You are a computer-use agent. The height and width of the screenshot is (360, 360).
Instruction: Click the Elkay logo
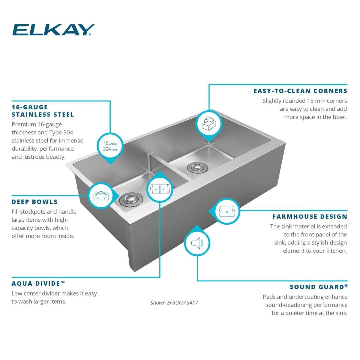point(53,30)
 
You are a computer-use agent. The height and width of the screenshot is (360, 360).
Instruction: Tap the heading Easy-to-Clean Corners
point(300,91)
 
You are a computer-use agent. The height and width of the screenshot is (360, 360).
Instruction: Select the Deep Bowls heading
point(34,202)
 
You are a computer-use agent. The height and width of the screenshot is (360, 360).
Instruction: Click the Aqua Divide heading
point(38,283)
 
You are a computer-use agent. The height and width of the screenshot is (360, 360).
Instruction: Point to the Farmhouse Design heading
point(310,217)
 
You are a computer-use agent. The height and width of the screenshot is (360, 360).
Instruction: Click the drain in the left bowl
point(131,200)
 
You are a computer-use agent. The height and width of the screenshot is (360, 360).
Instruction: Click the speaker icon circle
point(197,243)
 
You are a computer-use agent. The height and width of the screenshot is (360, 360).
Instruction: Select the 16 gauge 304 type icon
point(110,146)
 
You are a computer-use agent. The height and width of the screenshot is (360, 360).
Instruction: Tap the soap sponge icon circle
point(209,124)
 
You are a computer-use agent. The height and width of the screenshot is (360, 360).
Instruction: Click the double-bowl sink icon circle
point(160,189)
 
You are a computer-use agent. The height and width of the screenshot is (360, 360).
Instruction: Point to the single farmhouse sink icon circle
point(227,211)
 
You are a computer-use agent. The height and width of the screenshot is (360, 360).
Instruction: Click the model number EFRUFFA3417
point(182,303)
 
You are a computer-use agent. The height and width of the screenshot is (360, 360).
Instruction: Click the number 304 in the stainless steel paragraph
point(68,133)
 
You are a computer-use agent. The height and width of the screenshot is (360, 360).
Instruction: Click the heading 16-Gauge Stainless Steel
point(43,111)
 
